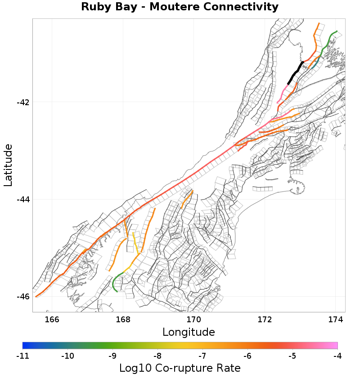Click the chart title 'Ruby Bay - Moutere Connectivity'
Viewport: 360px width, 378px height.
coord(180,7)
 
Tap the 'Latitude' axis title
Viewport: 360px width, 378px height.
coord(8,165)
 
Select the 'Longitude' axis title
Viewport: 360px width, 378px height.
coord(188,332)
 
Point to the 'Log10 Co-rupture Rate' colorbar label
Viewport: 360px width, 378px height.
coord(180,368)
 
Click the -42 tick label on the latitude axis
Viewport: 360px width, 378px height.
coord(23,102)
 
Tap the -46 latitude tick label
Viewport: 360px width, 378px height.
coord(23,297)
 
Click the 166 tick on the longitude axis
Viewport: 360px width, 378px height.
coord(52,319)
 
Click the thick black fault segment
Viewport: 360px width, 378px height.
coord(295,72)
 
